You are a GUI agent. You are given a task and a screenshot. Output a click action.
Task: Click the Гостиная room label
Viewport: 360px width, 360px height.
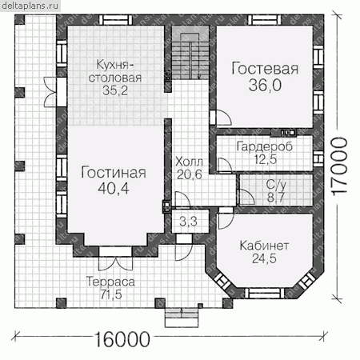click(x=114, y=173)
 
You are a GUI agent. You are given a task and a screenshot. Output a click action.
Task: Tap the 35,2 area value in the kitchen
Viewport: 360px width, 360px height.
click(x=115, y=90)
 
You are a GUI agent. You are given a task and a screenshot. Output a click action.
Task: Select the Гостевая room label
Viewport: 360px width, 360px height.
click(x=265, y=69)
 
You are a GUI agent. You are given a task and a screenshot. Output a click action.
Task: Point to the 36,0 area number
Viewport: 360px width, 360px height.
click(x=265, y=86)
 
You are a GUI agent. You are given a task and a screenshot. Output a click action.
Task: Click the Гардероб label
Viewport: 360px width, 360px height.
click(x=265, y=146)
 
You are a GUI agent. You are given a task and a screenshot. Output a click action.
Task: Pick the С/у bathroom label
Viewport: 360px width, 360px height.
click(x=276, y=185)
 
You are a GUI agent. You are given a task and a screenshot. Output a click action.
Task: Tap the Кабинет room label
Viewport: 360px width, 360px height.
click(x=264, y=246)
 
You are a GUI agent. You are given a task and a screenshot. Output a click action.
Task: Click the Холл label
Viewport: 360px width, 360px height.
click(x=189, y=162)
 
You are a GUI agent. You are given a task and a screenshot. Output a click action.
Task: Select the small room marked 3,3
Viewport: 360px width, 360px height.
click(x=188, y=222)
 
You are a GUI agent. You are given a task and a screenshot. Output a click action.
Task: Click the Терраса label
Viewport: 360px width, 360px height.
click(x=110, y=282)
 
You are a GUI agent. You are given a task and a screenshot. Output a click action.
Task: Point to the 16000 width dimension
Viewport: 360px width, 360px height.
click(x=122, y=339)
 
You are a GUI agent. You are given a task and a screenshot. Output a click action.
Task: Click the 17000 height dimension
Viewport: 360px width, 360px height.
click(x=340, y=166)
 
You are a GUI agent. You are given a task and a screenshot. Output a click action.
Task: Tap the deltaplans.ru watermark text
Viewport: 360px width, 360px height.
click(x=30, y=6)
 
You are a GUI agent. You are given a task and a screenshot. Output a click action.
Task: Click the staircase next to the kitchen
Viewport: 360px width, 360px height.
click(x=190, y=56)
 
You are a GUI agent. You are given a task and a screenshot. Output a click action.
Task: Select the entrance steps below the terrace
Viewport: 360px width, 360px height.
click(x=182, y=318)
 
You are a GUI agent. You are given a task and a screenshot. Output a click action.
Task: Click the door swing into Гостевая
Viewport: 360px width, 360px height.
click(x=223, y=118)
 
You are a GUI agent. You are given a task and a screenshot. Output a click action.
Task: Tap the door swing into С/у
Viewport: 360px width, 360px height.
click(x=246, y=197)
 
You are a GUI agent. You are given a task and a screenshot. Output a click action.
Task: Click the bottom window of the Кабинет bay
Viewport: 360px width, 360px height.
click(x=262, y=293)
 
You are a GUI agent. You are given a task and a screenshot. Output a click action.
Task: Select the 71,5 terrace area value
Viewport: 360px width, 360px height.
click(x=111, y=294)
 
